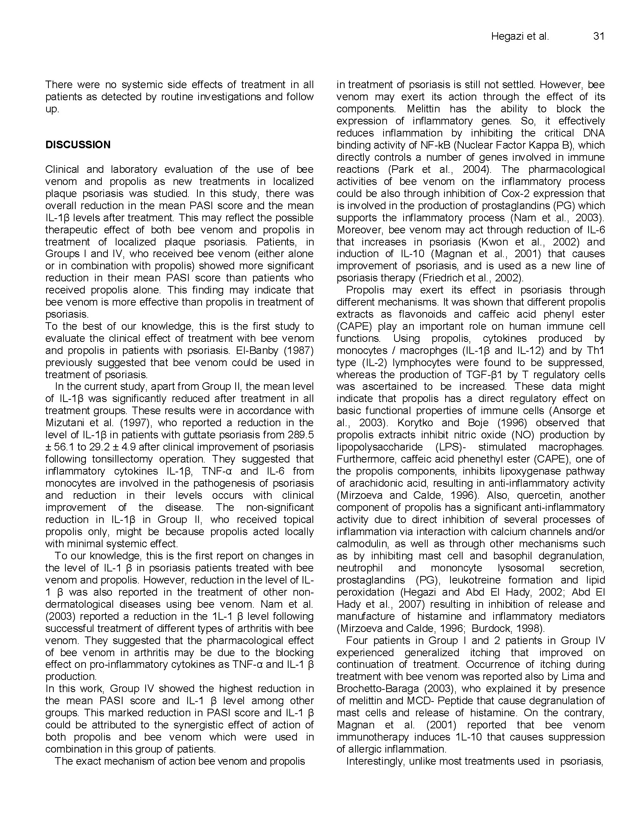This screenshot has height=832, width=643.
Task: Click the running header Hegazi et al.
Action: coord(520,37)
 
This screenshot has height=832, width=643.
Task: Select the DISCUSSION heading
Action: coord(78,145)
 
